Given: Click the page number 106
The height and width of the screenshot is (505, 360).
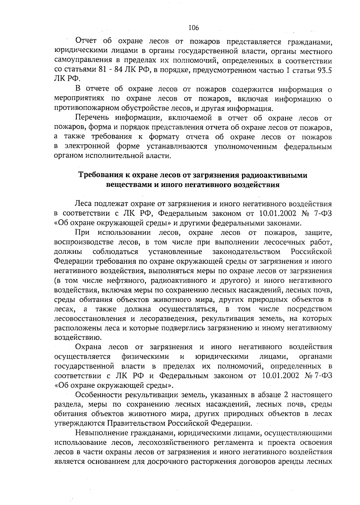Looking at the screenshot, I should click(x=193, y=28).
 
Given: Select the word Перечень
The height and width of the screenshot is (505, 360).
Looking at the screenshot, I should click(x=91, y=118).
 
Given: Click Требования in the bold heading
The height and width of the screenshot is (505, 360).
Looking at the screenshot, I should click(x=98, y=175).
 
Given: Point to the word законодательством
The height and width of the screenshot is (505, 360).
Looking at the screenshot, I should click(x=246, y=251).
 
